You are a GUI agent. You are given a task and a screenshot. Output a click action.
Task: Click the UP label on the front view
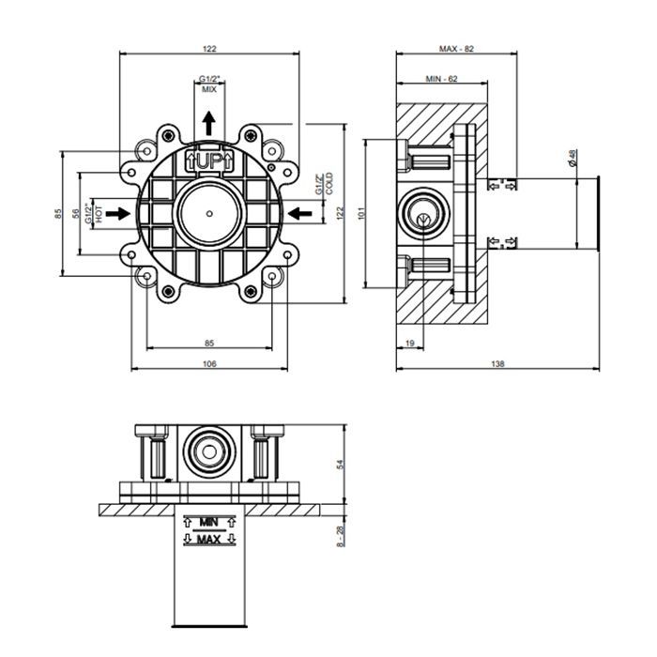point(209,160)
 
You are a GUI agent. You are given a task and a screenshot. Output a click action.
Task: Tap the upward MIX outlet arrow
point(208,123)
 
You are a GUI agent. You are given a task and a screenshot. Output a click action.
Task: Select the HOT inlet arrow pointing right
point(117,214)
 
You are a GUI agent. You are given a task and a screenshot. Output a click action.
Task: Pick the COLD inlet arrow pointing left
point(299,214)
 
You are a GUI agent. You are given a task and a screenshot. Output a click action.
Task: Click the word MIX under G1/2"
point(209,89)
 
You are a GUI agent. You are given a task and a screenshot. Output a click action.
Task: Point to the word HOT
point(99,214)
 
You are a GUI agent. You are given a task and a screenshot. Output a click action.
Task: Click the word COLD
point(329,184)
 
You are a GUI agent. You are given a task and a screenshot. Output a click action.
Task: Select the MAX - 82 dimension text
point(456,49)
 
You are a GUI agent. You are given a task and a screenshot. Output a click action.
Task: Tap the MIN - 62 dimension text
point(442,78)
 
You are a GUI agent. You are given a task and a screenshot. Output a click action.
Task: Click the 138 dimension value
point(497,364)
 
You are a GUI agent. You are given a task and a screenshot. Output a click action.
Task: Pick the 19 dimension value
point(410,344)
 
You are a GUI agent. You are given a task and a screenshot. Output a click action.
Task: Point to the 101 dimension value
point(362,213)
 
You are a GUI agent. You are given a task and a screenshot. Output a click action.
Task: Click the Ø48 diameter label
point(573,158)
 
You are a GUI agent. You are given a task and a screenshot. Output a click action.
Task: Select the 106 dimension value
point(209,364)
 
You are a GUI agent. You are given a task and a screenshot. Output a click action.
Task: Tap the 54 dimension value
point(340,464)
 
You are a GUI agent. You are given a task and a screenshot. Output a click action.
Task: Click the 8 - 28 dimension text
point(340,536)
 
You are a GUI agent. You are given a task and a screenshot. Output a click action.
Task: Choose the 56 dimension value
point(76,214)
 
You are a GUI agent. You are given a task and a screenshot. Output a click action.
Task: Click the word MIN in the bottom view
point(208,523)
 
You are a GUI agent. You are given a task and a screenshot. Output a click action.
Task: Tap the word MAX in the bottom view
point(208,540)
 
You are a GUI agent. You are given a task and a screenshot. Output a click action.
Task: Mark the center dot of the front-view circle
point(209,214)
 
